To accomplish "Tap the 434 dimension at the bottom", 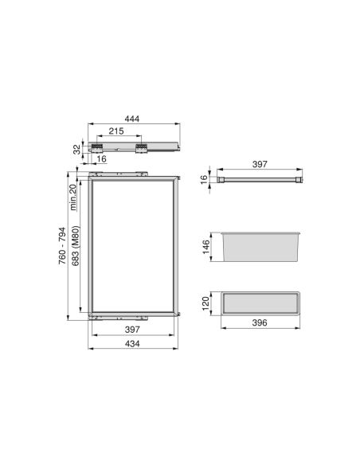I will [131, 344].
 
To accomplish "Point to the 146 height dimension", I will [205, 245].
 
